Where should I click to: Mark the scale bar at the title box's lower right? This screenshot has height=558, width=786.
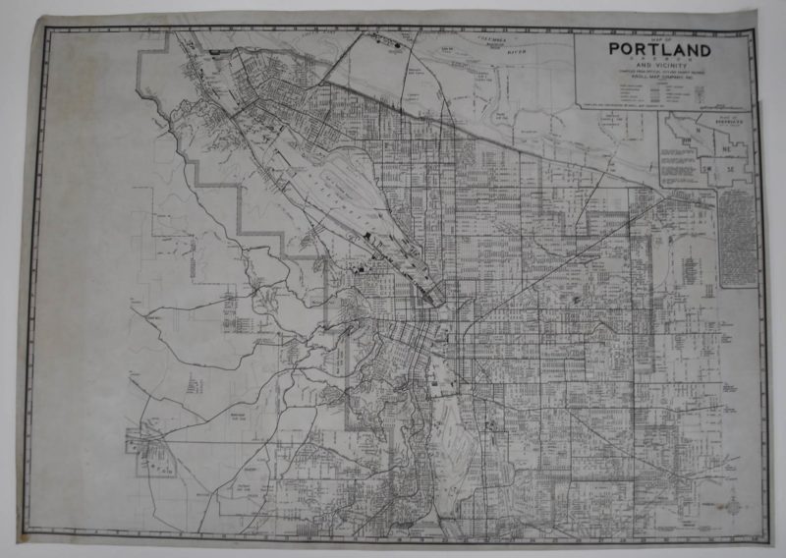click(721, 100)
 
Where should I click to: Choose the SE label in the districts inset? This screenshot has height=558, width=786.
click(728, 169)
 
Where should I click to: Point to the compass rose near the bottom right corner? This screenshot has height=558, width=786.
click(735, 505)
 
